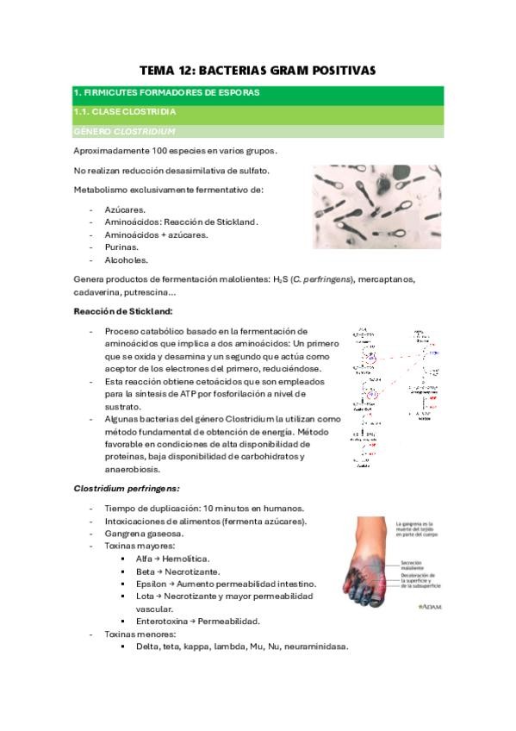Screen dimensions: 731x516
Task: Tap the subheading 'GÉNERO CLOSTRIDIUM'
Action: [x=125, y=131]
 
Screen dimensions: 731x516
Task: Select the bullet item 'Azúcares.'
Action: [x=126, y=209]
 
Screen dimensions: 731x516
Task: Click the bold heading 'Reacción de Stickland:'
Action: [x=123, y=310]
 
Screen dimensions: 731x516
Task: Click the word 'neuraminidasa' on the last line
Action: [x=314, y=647]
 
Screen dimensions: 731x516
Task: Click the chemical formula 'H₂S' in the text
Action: [x=277, y=278]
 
